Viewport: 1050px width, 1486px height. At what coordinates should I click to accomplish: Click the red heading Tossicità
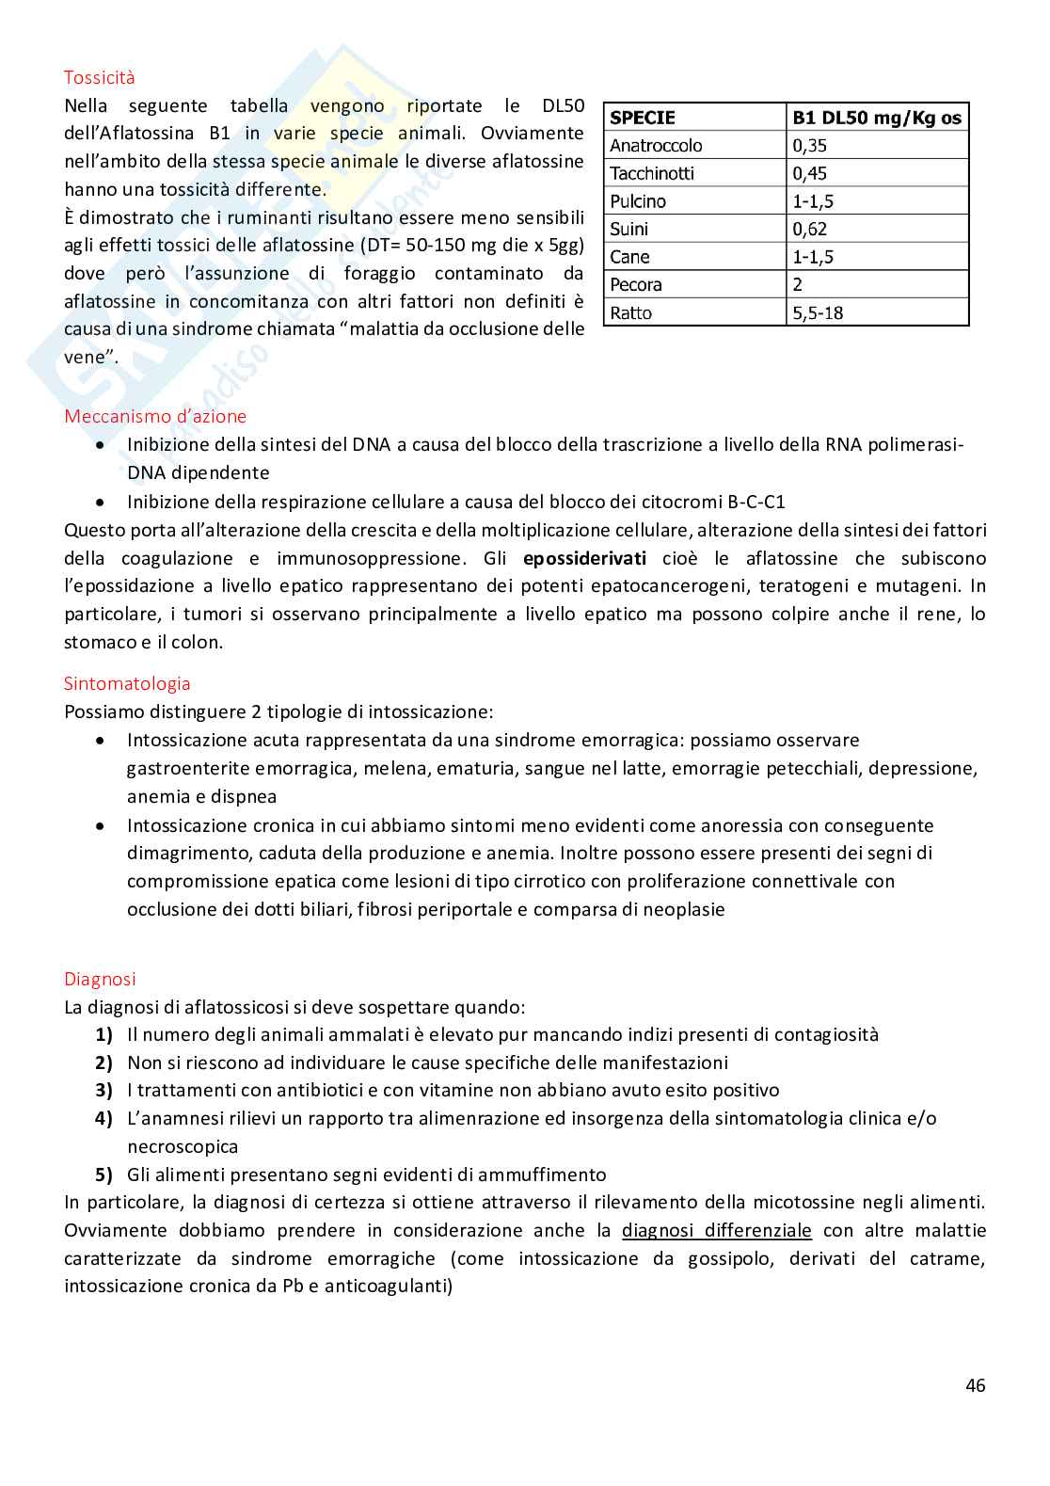click(99, 77)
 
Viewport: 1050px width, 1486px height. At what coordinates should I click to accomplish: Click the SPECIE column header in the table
click(643, 118)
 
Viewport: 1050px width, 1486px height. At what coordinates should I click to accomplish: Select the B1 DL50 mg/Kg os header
click(877, 118)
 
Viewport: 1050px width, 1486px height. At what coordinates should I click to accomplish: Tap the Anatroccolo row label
click(656, 145)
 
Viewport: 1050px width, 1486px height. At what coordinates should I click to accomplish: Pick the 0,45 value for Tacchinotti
click(810, 173)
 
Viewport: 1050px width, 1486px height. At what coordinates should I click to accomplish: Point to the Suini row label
click(628, 229)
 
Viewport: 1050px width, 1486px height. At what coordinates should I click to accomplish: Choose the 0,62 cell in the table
click(810, 229)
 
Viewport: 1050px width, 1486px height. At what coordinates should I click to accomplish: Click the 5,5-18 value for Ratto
click(818, 312)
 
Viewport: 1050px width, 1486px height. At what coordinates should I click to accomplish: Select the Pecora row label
click(636, 284)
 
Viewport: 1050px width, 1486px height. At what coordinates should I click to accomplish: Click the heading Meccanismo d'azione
click(155, 416)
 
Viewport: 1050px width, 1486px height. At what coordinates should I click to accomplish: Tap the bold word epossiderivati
click(584, 558)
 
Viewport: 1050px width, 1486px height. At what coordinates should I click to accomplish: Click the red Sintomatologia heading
click(127, 683)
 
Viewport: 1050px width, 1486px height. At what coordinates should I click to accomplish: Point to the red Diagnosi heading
click(100, 979)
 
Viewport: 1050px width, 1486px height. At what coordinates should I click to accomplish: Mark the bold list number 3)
click(103, 1090)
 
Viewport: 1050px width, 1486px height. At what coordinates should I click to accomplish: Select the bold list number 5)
click(103, 1174)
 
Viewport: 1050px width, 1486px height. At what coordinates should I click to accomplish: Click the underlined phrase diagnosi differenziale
click(716, 1230)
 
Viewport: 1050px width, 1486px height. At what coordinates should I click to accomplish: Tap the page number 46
click(975, 1385)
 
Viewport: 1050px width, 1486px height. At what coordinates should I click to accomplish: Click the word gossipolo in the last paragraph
click(731, 1258)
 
